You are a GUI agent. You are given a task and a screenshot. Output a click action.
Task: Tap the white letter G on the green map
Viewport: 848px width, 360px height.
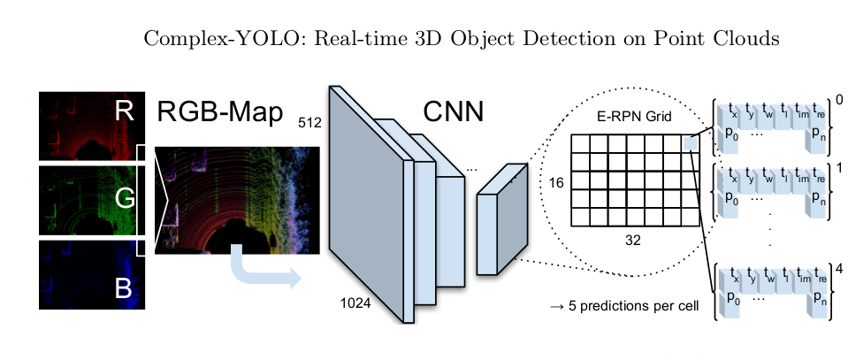126,199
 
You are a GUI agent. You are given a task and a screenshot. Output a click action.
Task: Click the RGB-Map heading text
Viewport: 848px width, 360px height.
220,112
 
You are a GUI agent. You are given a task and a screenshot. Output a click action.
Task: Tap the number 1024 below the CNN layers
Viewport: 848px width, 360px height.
356,303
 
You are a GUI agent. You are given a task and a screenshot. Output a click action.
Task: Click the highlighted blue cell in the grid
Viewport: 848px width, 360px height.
691,142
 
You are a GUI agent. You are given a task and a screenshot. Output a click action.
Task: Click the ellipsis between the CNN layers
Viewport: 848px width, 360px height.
471,167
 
